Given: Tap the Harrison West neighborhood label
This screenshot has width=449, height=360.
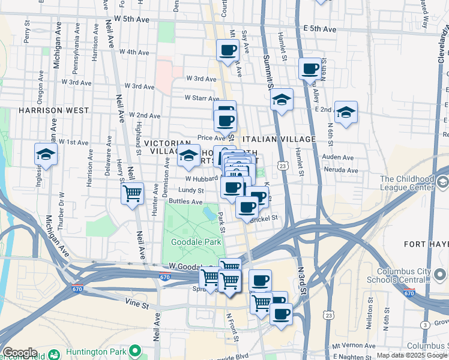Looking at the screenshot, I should (53, 111).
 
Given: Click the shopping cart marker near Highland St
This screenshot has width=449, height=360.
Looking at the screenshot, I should (132, 193).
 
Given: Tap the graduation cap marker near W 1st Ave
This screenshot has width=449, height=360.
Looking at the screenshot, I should (46, 154).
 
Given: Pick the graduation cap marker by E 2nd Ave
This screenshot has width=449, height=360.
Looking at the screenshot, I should (346, 112).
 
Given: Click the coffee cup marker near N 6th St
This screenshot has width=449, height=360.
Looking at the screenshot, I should (310, 69).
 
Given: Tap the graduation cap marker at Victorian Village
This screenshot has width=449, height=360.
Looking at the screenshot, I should (188, 156).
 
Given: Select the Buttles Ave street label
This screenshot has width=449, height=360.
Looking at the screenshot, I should (185, 202).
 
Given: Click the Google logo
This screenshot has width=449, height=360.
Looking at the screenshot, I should (20, 353).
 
